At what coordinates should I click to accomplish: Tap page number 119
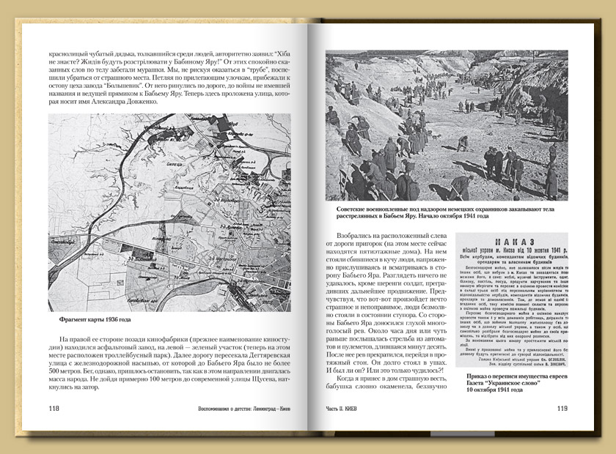tap(560, 409)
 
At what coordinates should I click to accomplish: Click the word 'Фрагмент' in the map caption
tap(76, 319)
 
